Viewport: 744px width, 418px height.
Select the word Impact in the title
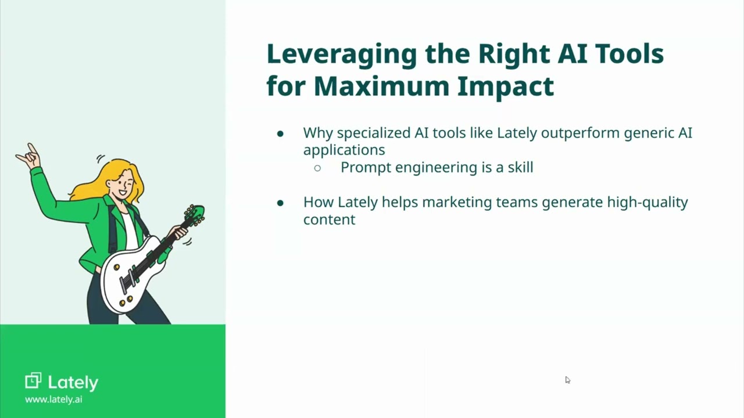click(x=505, y=86)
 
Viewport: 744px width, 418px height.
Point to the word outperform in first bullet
click(x=580, y=133)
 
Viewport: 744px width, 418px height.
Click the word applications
click(x=344, y=150)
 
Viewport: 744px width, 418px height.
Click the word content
click(x=329, y=219)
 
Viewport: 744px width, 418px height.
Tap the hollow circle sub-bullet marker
click(x=317, y=168)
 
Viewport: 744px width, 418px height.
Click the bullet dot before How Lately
click(x=280, y=203)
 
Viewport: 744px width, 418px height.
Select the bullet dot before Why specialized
click(x=280, y=134)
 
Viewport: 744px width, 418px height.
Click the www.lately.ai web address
click(x=53, y=399)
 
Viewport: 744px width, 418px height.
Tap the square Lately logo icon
click(x=33, y=381)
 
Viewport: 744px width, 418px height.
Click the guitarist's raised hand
click(x=28, y=155)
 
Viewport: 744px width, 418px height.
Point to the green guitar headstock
click(x=195, y=215)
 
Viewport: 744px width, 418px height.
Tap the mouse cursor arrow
click(x=567, y=380)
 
